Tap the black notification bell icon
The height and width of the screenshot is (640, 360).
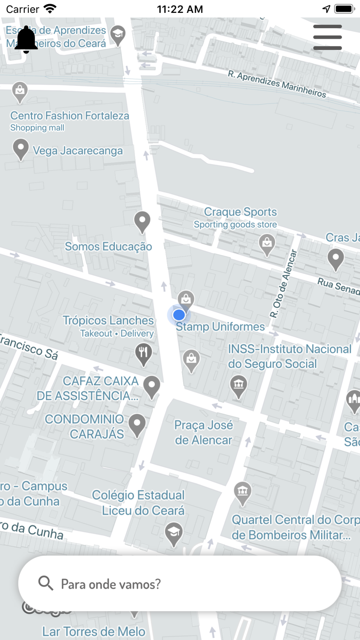tap(26, 40)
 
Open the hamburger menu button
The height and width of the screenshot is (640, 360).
tap(328, 37)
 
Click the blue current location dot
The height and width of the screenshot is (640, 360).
tap(179, 314)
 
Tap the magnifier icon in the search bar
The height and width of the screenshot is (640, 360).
tap(46, 583)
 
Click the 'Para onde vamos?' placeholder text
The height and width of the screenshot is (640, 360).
tap(111, 584)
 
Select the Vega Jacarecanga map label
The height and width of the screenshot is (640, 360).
tap(78, 151)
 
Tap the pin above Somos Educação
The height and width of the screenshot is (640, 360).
tap(142, 222)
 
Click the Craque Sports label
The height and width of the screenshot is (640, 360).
tap(240, 212)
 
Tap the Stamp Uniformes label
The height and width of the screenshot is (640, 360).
tap(220, 327)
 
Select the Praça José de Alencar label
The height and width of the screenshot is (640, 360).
tap(204, 432)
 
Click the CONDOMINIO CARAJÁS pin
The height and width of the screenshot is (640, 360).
tap(137, 425)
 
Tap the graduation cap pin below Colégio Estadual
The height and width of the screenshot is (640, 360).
tap(173, 534)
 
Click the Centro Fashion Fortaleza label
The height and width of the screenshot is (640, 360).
tap(69, 116)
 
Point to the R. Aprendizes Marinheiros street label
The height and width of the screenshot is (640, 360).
tap(277, 84)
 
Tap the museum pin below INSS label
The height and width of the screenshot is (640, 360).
tap(238, 385)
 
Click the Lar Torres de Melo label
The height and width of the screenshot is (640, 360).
tap(94, 631)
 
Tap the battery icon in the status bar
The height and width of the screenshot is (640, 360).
tap(344, 9)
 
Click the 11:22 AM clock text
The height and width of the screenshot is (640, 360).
tap(179, 9)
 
